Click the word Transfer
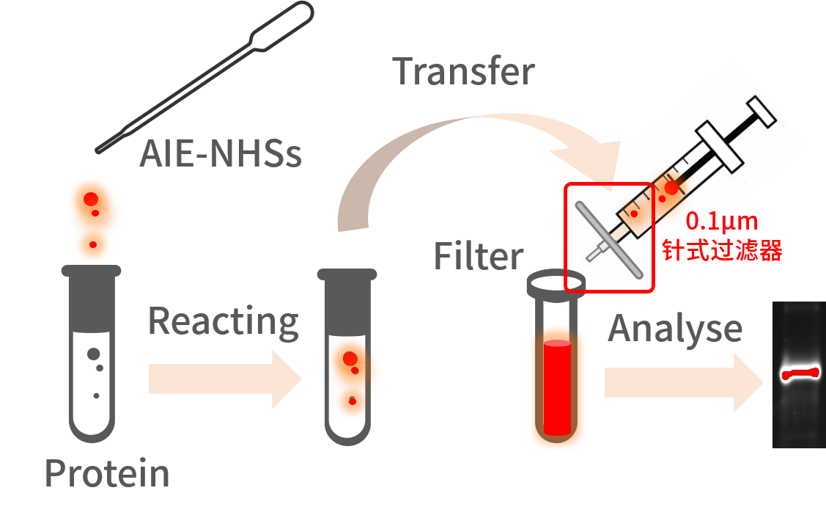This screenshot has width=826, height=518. (x=464, y=72)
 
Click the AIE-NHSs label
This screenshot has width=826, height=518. (x=221, y=155)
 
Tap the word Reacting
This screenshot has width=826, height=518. (x=224, y=321)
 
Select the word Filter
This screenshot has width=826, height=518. (x=478, y=257)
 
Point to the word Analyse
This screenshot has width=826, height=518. (x=675, y=329)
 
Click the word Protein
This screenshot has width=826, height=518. (x=107, y=473)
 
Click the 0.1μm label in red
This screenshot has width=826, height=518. (x=721, y=222)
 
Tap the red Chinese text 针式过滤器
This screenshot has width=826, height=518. (x=722, y=250)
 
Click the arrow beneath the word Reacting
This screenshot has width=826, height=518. (x=224, y=379)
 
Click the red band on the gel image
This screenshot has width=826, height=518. (x=800, y=374)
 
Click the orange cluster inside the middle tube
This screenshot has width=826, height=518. (x=354, y=378)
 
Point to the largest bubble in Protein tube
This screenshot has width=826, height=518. (x=94, y=354)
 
